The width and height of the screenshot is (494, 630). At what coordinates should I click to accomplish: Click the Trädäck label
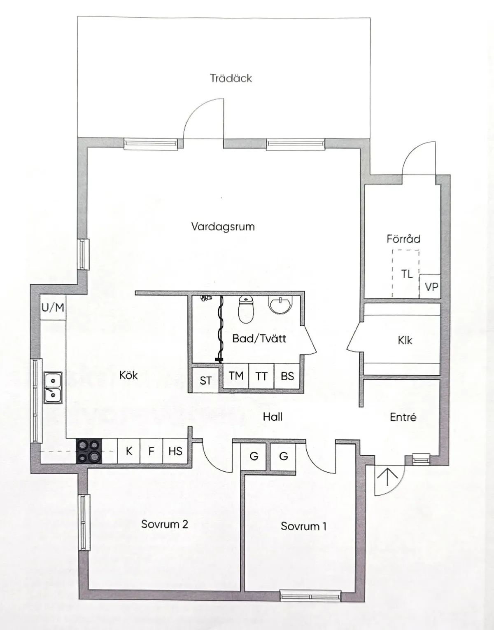pyautogui.click(x=231, y=78)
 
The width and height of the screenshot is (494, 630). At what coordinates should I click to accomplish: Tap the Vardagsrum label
pyautogui.click(x=223, y=227)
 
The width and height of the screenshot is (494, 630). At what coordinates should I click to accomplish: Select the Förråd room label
pyautogui.click(x=403, y=239)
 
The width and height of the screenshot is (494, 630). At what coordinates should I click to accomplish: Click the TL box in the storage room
pyautogui.click(x=406, y=274)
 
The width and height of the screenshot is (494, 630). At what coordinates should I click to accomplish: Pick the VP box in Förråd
pyautogui.click(x=431, y=287)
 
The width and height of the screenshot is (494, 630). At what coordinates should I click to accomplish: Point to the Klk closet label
pyautogui.click(x=405, y=340)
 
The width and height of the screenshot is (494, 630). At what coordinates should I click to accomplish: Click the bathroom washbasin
pyautogui.click(x=280, y=304)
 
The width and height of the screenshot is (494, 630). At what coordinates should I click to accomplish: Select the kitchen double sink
pyautogui.click(x=53, y=387)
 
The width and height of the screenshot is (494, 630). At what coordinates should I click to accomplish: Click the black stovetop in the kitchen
pyautogui.click(x=89, y=451)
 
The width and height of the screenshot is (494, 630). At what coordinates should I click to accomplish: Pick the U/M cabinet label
pyautogui.click(x=53, y=307)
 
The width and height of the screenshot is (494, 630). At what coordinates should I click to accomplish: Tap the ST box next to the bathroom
pyautogui.click(x=205, y=381)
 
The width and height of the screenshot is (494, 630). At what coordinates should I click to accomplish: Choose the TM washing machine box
pyautogui.click(x=236, y=376)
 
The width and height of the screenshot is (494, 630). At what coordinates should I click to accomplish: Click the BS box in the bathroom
pyautogui.click(x=287, y=376)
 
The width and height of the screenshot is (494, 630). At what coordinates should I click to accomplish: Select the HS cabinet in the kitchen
pyautogui.click(x=175, y=451)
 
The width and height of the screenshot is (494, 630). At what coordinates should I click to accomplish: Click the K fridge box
pyautogui.click(x=129, y=451)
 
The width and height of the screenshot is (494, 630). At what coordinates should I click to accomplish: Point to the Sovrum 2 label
pyautogui.click(x=164, y=524)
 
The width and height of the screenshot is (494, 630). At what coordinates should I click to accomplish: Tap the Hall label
pyautogui.click(x=273, y=417)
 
